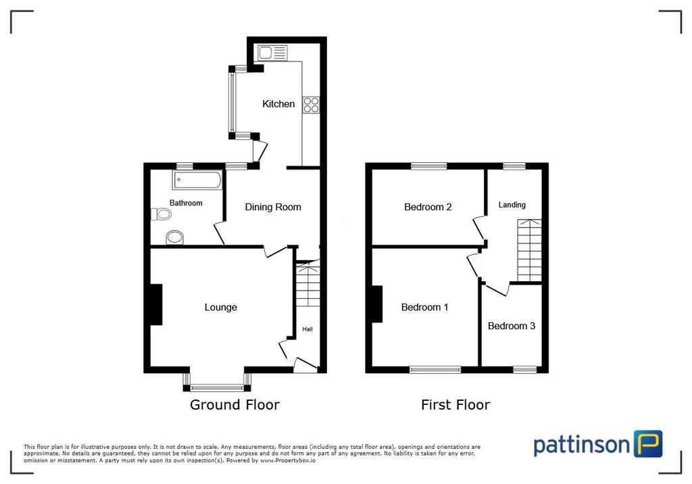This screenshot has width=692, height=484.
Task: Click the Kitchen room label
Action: click(278, 104)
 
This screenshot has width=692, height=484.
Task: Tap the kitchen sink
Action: click(273, 53)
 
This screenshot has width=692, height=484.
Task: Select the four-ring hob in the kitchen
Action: click(311, 105)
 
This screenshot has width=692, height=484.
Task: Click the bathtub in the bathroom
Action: click(198, 180)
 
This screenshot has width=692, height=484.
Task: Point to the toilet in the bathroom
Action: click(161, 214)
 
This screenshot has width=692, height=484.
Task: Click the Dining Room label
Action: click(273, 207)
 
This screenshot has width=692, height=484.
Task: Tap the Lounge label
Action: click(221, 308)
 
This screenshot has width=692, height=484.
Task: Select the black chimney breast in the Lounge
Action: click(156, 305)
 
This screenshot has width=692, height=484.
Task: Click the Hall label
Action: click(307, 329)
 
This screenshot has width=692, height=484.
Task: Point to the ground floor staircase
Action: click(307, 284)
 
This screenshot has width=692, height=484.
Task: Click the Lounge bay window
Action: click(217, 381)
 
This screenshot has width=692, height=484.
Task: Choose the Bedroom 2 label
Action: click(428, 207)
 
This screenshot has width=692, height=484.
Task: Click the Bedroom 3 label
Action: click(512, 326)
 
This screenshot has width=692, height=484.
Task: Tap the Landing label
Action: click(512, 205)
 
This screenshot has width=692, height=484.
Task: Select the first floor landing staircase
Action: click(529, 250)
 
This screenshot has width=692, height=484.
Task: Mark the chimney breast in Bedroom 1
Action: click(377, 304)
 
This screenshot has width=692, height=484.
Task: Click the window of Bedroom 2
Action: click(429, 166)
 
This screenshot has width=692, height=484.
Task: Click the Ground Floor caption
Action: click(234, 404)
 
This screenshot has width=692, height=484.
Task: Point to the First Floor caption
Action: click(455, 404)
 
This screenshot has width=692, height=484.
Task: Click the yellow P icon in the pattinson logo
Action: click(648, 443)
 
